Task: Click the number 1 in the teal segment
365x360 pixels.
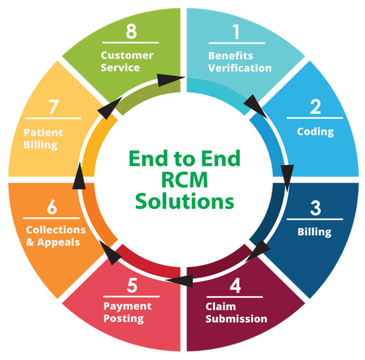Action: (x=236, y=32)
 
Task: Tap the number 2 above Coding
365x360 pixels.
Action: (x=315, y=106)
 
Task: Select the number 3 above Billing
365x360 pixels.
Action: (x=315, y=207)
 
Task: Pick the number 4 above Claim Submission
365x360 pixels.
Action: (x=235, y=285)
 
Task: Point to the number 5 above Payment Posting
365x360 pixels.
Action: (x=132, y=285)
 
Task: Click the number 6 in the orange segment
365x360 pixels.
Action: (x=52, y=207)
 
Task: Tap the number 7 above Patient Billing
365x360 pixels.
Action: (x=54, y=107)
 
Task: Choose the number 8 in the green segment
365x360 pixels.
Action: (x=131, y=31)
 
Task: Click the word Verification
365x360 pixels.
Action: (x=240, y=68)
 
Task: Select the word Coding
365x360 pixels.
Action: (x=315, y=131)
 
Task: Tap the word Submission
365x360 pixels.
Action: (x=236, y=318)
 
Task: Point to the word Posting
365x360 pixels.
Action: (x=124, y=318)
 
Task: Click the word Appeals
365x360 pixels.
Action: (x=58, y=242)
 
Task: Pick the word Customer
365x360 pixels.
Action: (x=127, y=55)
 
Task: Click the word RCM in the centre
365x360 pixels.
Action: (x=184, y=180)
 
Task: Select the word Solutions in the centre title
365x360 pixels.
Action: (x=184, y=201)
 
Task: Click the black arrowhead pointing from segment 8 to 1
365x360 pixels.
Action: (x=171, y=80)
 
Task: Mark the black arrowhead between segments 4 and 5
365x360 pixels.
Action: (x=179, y=281)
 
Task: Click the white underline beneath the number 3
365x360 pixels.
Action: (x=315, y=219)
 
